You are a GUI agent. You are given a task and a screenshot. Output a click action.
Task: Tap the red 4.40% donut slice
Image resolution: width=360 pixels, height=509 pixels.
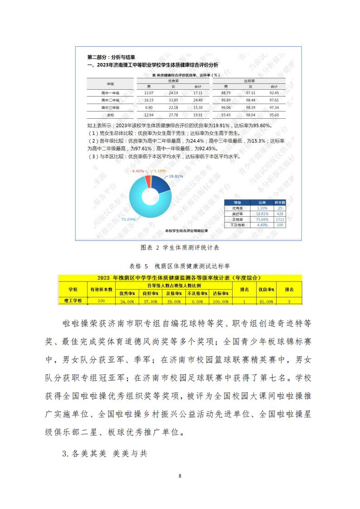pyautogui.click(x=147, y=181)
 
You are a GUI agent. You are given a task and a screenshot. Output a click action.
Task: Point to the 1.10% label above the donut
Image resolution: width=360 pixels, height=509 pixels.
pyautogui.click(x=159, y=170)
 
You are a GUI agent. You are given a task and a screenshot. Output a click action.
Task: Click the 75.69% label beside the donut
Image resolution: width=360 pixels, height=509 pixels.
pyautogui.click(x=129, y=219)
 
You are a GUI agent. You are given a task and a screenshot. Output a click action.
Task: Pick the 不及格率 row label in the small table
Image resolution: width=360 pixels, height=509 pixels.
pyautogui.click(x=238, y=224)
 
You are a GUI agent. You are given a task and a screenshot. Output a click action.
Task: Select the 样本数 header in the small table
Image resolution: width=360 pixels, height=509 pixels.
pyautogui.click(x=280, y=202)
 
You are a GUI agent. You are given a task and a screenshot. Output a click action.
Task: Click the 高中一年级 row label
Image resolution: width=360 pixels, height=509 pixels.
pyautogui.click(x=110, y=92)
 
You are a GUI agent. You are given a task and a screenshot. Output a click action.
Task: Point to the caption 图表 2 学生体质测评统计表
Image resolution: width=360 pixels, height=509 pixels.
pyautogui.click(x=180, y=248)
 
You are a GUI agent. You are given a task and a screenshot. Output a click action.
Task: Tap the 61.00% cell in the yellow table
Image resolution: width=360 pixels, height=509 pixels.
pyautogui.click(x=266, y=301)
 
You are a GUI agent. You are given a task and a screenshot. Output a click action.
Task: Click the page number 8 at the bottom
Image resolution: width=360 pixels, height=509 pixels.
pyautogui.click(x=180, y=476)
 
